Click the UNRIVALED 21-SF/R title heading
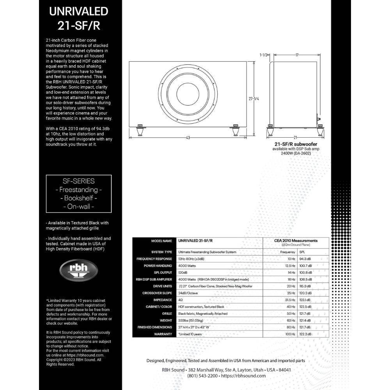78,19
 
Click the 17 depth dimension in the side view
297,55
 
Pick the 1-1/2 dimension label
264,55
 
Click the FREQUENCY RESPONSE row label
154,259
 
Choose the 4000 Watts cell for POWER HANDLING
186,265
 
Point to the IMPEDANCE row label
163,300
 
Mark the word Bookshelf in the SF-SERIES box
78,198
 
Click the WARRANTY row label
163,334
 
